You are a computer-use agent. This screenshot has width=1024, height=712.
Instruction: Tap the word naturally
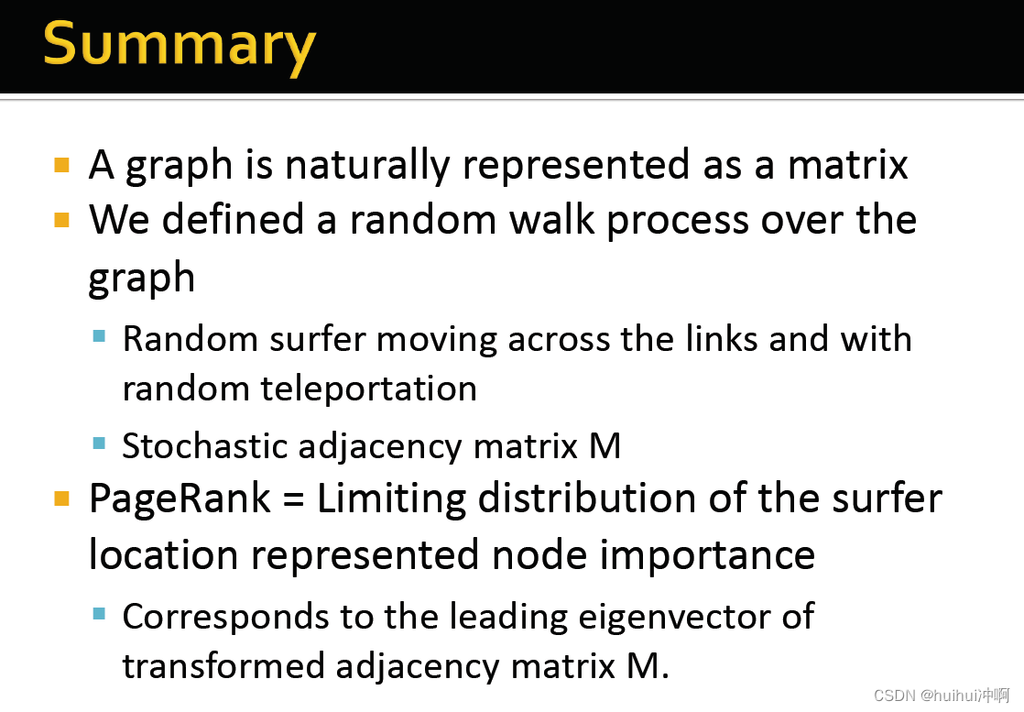pyautogui.click(x=366, y=165)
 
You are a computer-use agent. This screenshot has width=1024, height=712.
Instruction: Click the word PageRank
pyautogui.click(x=180, y=499)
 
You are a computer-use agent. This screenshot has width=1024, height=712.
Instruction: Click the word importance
pyautogui.click(x=700, y=555)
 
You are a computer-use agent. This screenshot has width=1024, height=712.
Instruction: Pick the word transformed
pyautogui.click(x=224, y=665)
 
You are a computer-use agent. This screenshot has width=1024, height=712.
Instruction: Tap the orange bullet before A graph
pyautogui.click(x=62, y=166)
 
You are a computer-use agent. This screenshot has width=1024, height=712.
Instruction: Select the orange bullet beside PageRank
pyautogui.click(x=62, y=499)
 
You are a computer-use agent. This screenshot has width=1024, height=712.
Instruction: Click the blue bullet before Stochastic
pyautogui.click(x=99, y=444)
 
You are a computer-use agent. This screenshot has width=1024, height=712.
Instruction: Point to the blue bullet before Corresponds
pyautogui.click(x=99, y=613)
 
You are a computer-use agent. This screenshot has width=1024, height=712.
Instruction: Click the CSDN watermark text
pyautogui.click(x=941, y=696)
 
